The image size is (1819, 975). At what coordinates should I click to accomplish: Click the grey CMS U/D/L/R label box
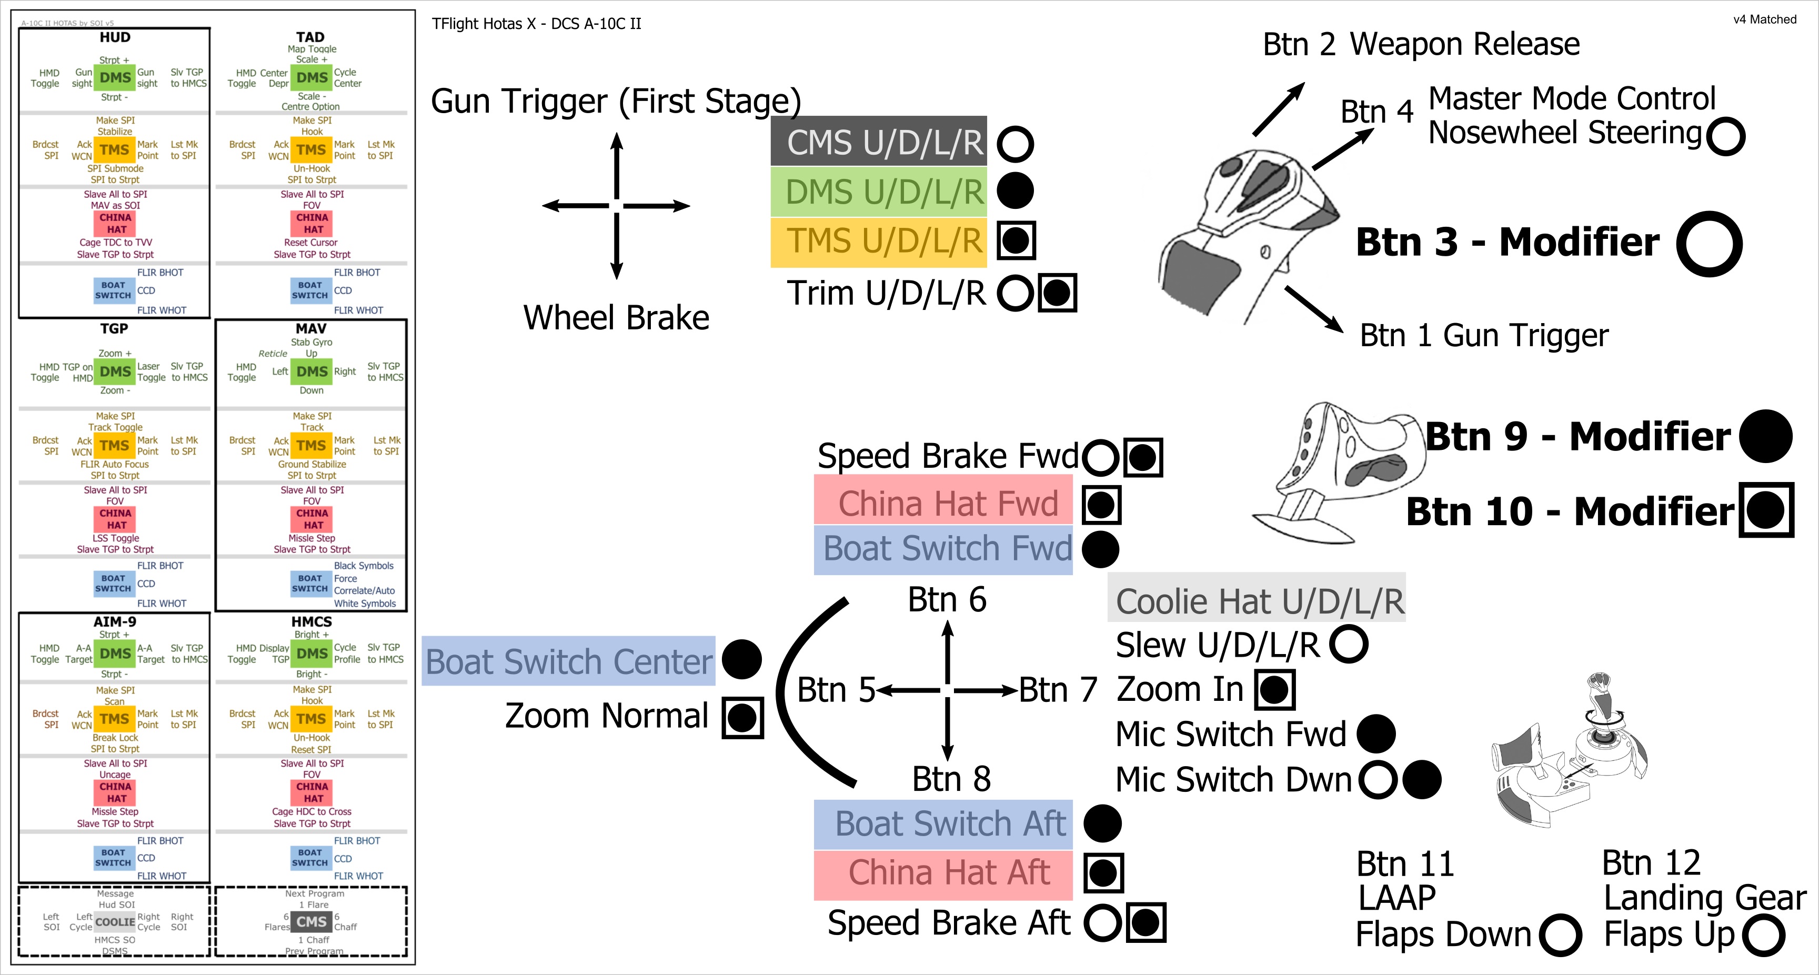pos(878,142)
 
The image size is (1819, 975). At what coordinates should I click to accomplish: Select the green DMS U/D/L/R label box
pos(878,192)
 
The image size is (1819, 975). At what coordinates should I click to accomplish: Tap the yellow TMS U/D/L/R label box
pos(878,242)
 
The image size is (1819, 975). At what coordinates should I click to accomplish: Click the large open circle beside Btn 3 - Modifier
pos(1710,244)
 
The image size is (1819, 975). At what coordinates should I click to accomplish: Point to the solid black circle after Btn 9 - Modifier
pos(1765,436)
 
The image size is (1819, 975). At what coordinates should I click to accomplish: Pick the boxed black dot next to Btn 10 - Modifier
pos(1766,510)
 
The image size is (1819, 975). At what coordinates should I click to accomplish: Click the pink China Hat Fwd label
pos(943,504)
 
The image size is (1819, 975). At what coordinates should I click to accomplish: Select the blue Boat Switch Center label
pos(568,661)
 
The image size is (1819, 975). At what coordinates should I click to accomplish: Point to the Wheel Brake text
pos(616,318)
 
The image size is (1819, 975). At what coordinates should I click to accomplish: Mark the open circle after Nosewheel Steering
pos(1726,136)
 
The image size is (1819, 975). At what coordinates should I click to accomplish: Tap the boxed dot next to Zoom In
pos(1274,690)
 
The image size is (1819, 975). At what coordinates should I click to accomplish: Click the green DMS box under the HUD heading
pos(115,78)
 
